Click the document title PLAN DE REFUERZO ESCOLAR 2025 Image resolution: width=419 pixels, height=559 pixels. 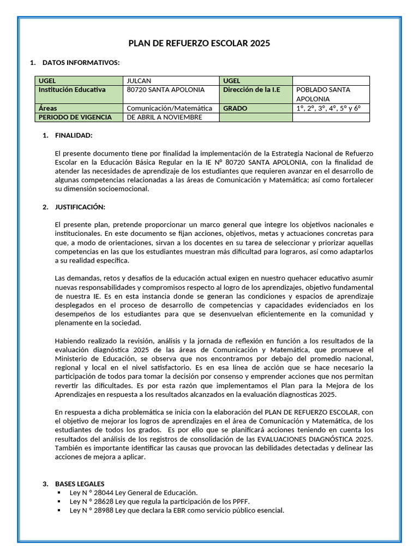click(x=199, y=44)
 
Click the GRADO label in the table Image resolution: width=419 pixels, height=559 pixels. click(x=235, y=108)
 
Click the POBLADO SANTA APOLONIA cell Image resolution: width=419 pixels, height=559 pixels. click(x=331, y=94)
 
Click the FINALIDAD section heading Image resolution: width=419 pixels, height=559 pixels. click(x=74, y=135)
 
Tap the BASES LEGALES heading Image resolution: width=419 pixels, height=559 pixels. click(x=80, y=484)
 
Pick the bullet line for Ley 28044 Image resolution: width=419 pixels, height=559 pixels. click(x=134, y=492)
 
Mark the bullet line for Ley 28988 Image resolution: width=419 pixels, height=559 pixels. click(x=177, y=510)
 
